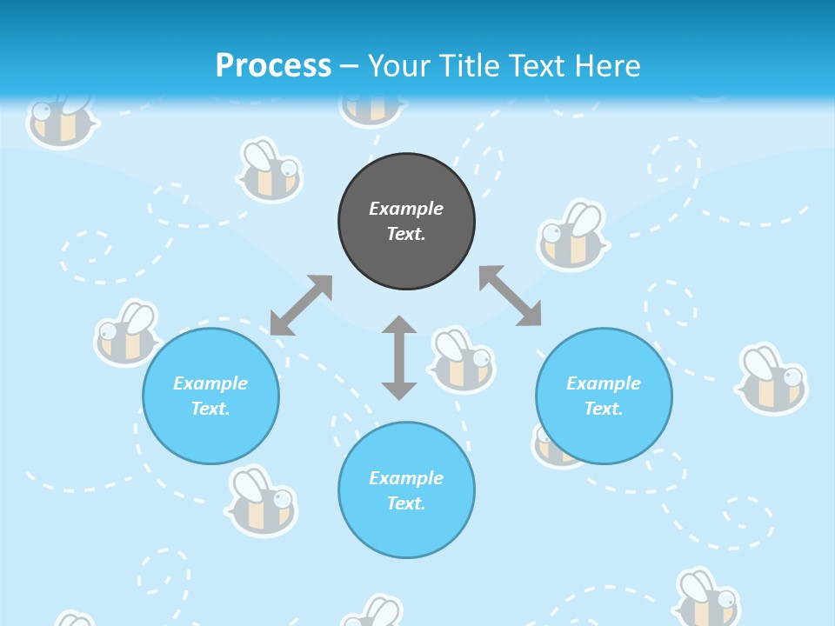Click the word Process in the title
coord(273,66)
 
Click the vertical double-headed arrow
coord(399,357)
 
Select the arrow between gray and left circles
coord(301,305)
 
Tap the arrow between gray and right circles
coord(511,296)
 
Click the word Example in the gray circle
coord(406,209)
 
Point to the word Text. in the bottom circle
coord(406,503)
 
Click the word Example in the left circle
coord(210,383)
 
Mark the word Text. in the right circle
coord(604,409)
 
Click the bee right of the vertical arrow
coord(461,359)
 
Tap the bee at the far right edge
coord(772,379)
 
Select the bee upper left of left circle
coord(127,332)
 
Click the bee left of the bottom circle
coord(261,502)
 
